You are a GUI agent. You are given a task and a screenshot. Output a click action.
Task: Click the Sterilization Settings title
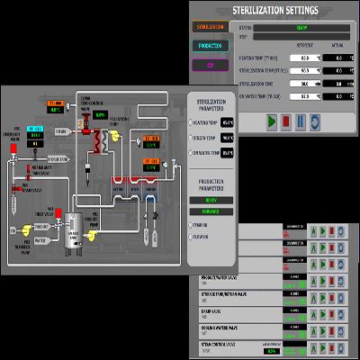274,11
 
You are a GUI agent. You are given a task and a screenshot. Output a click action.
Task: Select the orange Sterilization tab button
209,27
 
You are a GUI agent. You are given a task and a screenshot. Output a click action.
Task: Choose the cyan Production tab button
209,46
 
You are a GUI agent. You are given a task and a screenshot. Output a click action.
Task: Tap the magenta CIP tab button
209,65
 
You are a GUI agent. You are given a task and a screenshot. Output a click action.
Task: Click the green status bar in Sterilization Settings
301,27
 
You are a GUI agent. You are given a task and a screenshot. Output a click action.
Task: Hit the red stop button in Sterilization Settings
287,120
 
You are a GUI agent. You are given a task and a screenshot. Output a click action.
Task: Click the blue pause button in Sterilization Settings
301,120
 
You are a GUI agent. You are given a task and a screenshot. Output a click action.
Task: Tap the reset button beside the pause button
315,120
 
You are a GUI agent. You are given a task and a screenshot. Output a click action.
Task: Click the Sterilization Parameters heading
212,104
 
